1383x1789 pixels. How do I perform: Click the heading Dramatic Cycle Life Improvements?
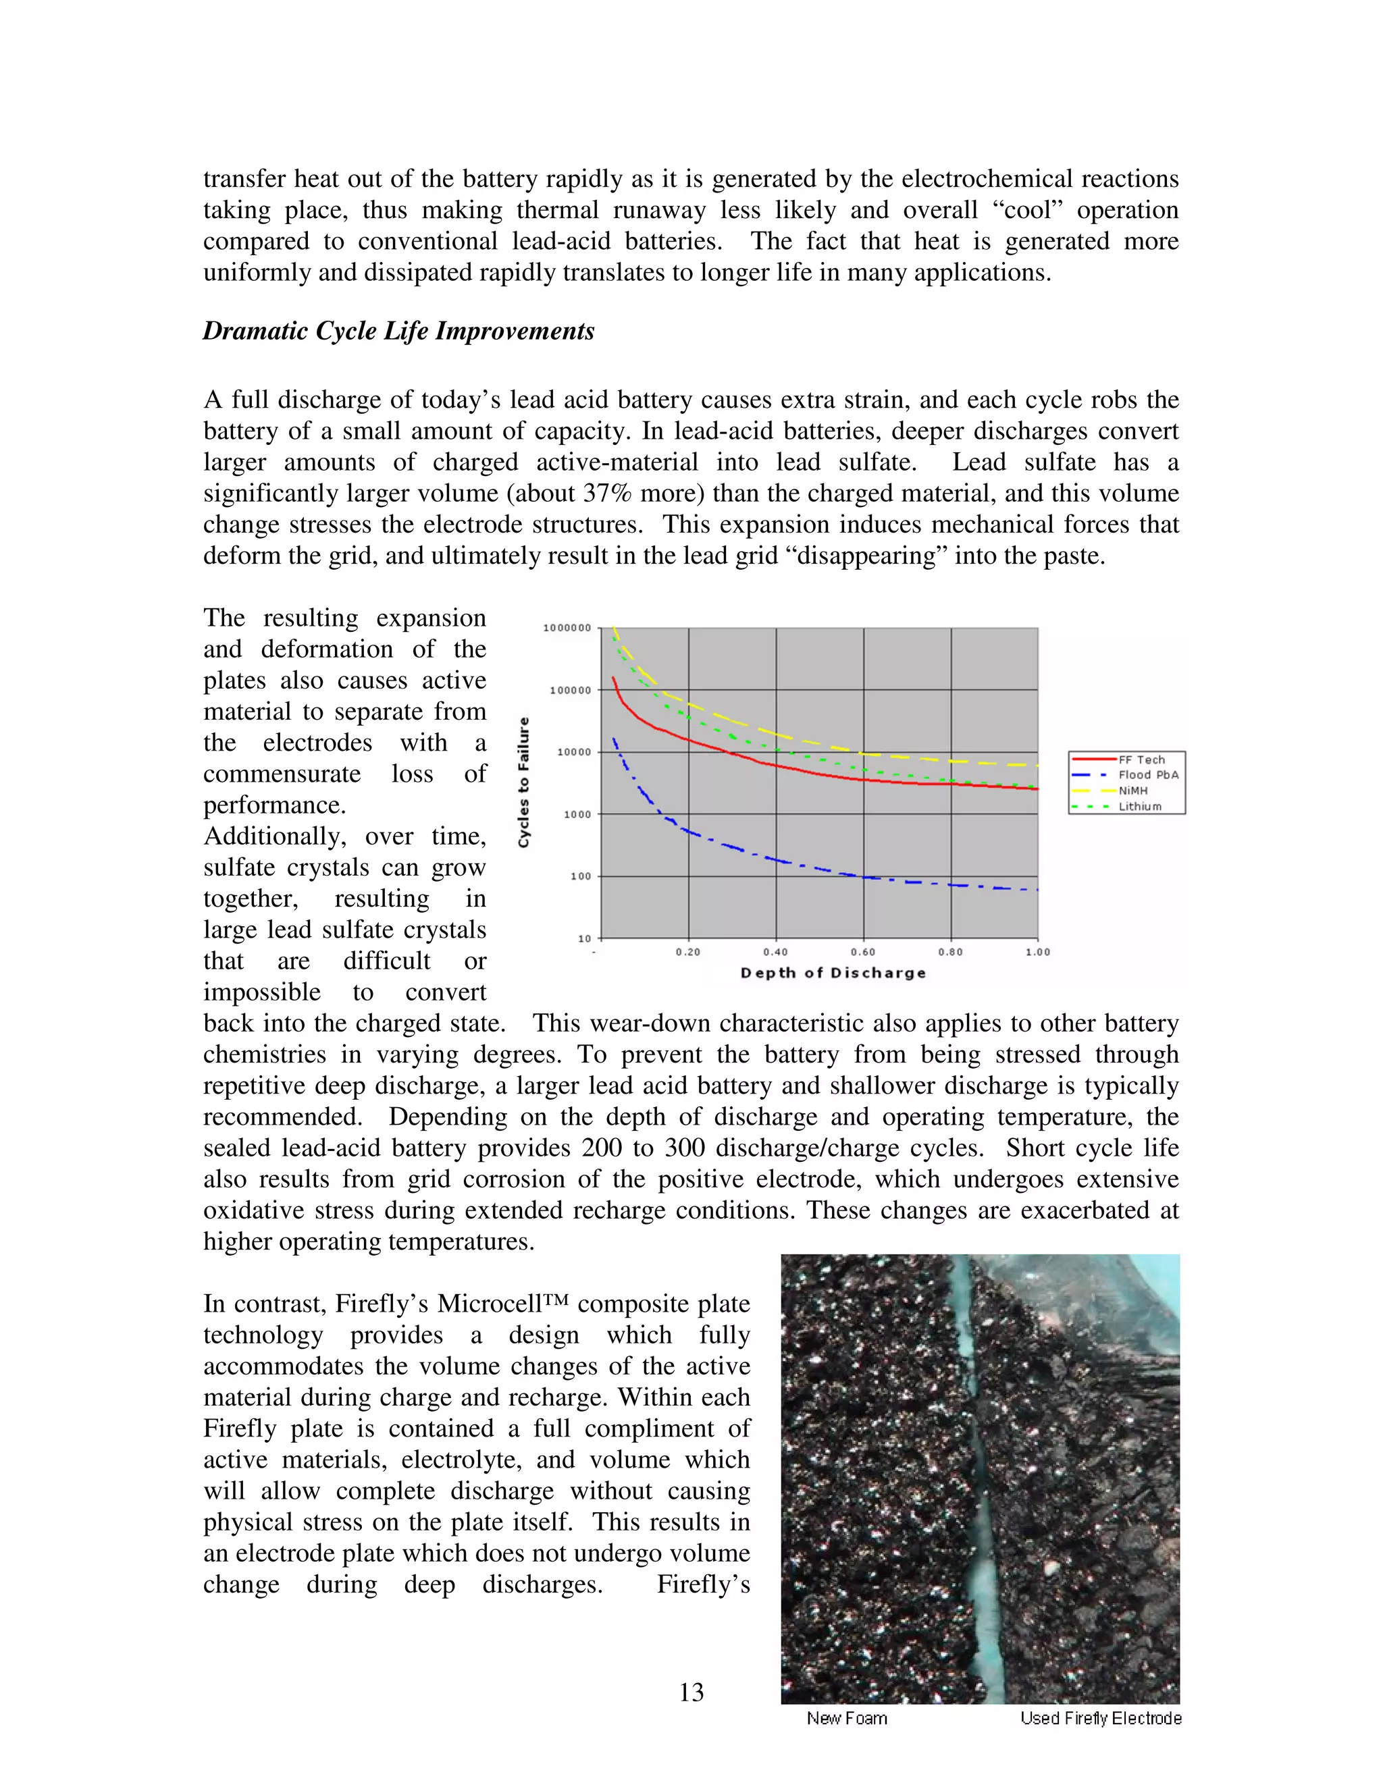pyautogui.click(x=398, y=331)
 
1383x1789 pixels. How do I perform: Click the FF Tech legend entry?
pyautogui.click(x=1141, y=759)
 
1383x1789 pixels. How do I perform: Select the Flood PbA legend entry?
pyautogui.click(x=1148, y=775)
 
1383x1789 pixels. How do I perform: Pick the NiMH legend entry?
pyautogui.click(x=1133, y=791)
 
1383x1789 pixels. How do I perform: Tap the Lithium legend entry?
pyautogui.click(x=1140, y=806)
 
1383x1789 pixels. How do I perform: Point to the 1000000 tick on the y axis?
pyautogui.click(x=567, y=629)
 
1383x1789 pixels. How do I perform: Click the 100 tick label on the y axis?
pyautogui.click(x=581, y=876)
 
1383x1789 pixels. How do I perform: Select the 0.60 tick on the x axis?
pyautogui.click(x=863, y=952)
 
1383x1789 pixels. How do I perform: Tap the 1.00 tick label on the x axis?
pyautogui.click(x=1037, y=952)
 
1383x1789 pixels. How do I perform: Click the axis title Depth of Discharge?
pyautogui.click(x=833, y=973)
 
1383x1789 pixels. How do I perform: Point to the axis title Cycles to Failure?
pyautogui.click(x=524, y=782)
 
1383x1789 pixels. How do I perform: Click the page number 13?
pyautogui.click(x=691, y=1692)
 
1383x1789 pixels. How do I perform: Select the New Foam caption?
pyautogui.click(x=846, y=1719)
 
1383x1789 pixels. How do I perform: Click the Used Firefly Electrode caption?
pyautogui.click(x=1100, y=1719)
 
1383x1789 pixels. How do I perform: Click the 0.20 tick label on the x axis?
pyautogui.click(x=688, y=952)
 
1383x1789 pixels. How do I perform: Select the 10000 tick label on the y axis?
pyautogui.click(x=575, y=752)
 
